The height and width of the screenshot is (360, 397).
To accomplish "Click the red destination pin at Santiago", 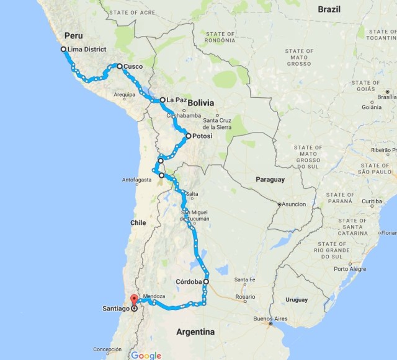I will (x=133, y=303).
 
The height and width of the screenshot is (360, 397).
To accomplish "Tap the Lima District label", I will (x=87, y=50).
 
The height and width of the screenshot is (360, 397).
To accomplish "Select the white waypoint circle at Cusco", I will (x=119, y=66).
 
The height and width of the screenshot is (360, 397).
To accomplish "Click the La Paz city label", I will (x=175, y=100).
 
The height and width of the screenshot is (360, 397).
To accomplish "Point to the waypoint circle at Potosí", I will (x=188, y=136).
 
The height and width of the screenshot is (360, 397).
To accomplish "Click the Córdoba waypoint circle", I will (x=206, y=281).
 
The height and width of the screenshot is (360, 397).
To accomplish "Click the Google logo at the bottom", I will (x=146, y=355).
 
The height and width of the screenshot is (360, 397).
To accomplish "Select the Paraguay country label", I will (x=269, y=180).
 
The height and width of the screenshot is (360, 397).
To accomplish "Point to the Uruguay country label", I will (x=297, y=300).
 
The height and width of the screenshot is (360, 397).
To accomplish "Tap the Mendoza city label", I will (x=154, y=296).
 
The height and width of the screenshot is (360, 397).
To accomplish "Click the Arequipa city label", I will (x=124, y=95).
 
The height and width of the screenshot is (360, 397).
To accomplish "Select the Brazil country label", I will (x=329, y=9).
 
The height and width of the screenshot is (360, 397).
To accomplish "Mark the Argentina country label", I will (x=195, y=332).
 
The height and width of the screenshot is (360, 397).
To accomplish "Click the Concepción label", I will (x=107, y=349).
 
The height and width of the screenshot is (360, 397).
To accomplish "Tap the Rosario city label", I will (x=245, y=297).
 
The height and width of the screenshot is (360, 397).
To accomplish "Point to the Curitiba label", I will (x=372, y=201).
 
